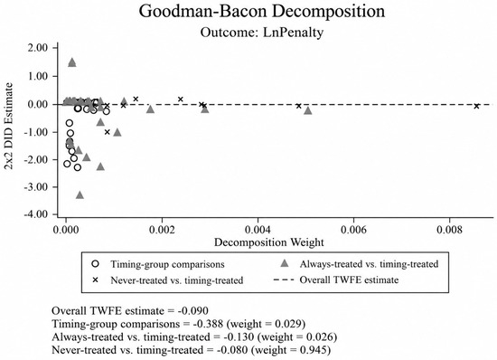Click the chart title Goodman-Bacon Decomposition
[262, 11]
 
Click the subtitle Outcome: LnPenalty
[262, 32]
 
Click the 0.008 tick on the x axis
[449, 230]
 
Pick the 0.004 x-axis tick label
[258, 230]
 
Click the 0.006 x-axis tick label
[353, 230]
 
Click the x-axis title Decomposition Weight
[269, 242]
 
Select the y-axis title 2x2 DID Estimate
[9, 127]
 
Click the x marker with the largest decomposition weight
[476, 106]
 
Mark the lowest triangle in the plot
[80, 195]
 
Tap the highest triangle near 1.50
[72, 62]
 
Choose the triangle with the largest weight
[308, 110]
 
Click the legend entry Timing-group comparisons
[167, 264]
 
